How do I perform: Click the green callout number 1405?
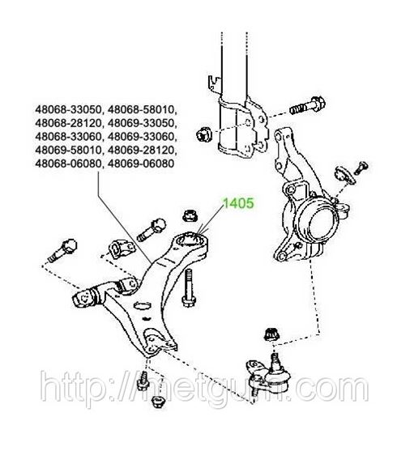point(238,203)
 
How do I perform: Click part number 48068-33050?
point(69,109)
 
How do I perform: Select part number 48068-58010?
point(142,109)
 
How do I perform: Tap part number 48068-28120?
point(69,123)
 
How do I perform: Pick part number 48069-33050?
point(142,123)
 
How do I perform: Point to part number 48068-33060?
point(69,137)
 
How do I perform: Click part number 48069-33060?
point(142,137)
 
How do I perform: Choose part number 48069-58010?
point(69,150)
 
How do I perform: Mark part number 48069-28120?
point(142,150)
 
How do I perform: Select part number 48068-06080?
point(69,164)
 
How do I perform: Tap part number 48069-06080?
point(141,164)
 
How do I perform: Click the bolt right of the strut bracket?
point(308,105)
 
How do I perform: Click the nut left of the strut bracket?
point(204,134)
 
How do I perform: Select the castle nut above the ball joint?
point(271,334)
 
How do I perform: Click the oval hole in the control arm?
point(143,305)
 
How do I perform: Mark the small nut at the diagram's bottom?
point(158,401)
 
